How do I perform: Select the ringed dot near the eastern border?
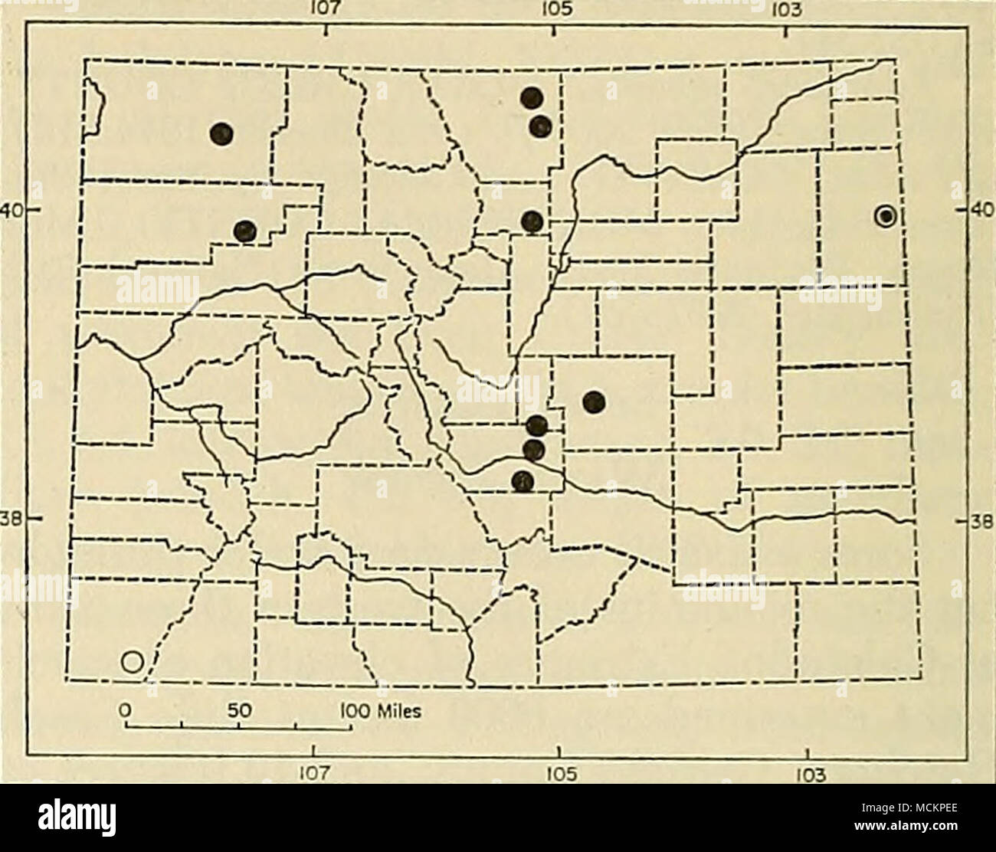point(886,217)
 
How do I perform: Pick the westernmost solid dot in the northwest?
point(221,133)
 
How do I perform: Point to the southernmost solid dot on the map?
point(523,481)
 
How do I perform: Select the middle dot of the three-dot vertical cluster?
point(533,449)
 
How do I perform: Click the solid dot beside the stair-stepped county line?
point(244,230)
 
